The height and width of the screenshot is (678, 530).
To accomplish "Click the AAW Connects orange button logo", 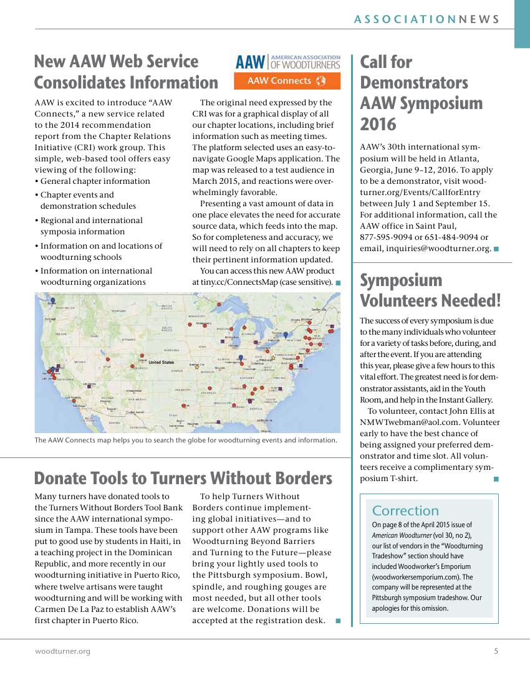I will coord(287,81).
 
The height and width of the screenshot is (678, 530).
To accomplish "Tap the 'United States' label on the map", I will coord(161,362).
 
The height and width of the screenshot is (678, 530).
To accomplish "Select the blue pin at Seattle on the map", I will coord(53,300).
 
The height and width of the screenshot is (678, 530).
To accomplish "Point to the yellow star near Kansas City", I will coord(196,367).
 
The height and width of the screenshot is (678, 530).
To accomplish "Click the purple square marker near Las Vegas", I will coord(89,386).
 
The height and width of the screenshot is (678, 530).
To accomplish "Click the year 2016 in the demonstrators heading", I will coord(378,125).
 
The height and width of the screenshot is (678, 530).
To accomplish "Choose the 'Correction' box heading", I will coord(405,511).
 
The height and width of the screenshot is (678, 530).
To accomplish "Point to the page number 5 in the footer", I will coord(496,651).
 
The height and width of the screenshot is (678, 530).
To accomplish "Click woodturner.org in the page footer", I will coord(62,651).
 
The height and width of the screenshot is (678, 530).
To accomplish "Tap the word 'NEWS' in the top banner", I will coord(479,19).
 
